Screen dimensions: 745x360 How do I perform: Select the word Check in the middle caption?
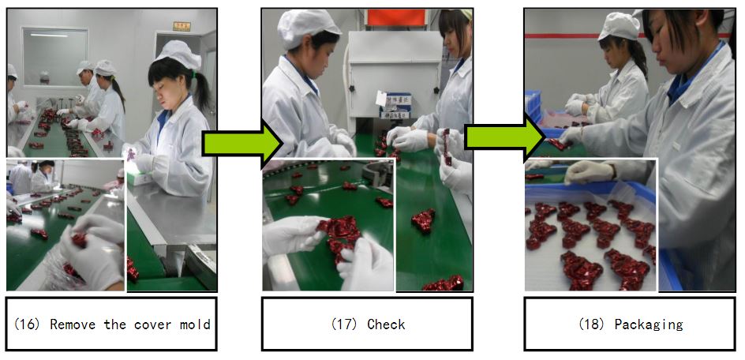[x=386, y=324]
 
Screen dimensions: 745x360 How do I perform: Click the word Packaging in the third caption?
[x=649, y=324]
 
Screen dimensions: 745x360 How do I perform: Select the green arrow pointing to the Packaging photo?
[x=504, y=137]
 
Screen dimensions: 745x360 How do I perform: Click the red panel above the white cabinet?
[x=396, y=17]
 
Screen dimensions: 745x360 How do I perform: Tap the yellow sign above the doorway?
[x=182, y=26]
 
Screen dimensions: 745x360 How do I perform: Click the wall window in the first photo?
[x=55, y=57]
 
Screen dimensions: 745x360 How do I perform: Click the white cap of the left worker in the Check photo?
[x=308, y=28]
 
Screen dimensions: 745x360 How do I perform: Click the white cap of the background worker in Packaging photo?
[x=619, y=26]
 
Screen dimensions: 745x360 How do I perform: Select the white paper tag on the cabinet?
[x=381, y=99]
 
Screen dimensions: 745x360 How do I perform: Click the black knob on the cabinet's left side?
[x=352, y=88]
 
